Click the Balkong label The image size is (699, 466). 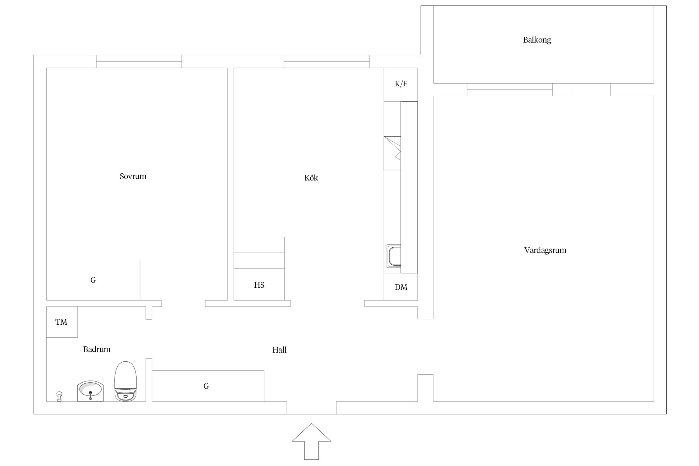[x=537, y=40]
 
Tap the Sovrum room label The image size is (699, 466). [x=133, y=176]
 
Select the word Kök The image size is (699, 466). [x=311, y=178]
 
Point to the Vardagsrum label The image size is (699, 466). [x=545, y=250]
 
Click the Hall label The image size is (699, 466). [x=279, y=350]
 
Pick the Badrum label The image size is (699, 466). [x=97, y=349]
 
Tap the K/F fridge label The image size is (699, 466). [x=401, y=84]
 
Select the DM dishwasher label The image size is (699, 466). [x=401, y=287]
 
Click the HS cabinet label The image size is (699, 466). [x=259, y=285]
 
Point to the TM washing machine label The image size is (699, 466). [x=61, y=322]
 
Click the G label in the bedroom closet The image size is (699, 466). [x=93, y=280]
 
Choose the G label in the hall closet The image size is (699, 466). [x=206, y=386]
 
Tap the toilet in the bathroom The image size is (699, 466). [x=126, y=381]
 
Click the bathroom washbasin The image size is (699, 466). [x=90, y=391]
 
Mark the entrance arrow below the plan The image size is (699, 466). [x=311, y=441]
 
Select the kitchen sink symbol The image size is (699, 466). [x=394, y=256]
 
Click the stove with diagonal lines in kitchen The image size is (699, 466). [x=392, y=153]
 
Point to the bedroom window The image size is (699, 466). [x=139, y=62]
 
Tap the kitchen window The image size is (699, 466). [x=327, y=62]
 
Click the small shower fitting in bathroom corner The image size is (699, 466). [x=59, y=396]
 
